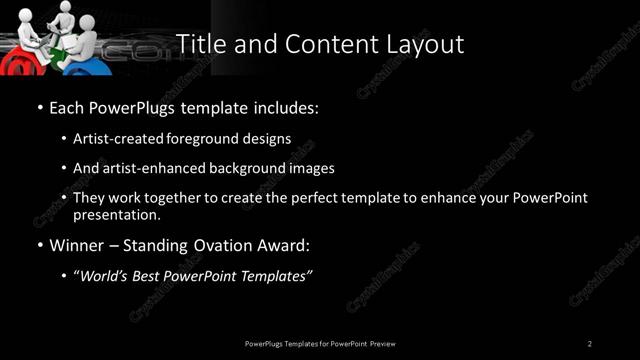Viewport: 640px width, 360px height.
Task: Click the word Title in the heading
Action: click(x=198, y=45)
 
